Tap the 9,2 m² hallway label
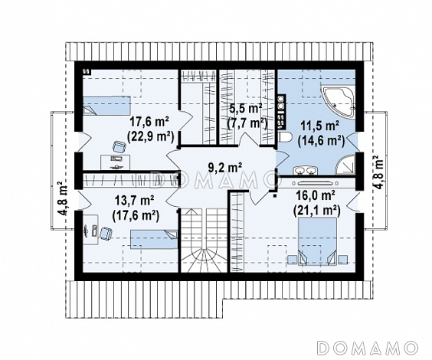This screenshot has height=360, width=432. coord(225,168)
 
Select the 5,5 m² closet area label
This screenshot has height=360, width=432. coord(245,109)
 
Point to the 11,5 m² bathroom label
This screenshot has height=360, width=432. coord(320,126)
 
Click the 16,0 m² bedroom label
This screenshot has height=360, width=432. coord(316,196)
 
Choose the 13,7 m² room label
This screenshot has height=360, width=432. coord(135,201)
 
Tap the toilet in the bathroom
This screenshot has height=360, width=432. coord(285,136)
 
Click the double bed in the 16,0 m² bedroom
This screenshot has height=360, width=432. coord(317,241)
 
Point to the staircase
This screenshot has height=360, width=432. coord(204,241)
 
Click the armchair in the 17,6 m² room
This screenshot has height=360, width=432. coord(119,146)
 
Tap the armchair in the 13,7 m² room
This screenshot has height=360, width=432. coord(106,233)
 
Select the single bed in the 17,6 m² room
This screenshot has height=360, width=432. coord(106,106)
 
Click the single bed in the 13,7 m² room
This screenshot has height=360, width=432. coord(154,240)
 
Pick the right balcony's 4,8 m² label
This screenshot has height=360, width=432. coord(378,172)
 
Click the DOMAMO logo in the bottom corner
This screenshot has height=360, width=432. coord(368,347)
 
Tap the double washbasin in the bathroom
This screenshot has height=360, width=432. coord(305,170)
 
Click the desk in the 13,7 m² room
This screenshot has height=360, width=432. coord(91,230)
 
